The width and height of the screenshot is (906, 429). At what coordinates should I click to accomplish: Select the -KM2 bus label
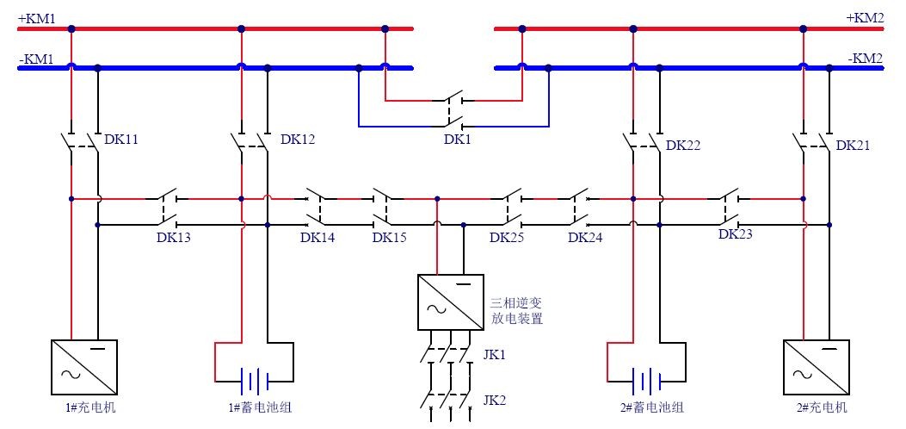pos(867,59)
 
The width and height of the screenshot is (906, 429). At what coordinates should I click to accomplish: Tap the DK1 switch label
pos(458,138)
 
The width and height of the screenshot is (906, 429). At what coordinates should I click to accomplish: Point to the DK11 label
pos(121,139)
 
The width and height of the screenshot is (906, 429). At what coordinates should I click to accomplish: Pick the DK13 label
pos(173,238)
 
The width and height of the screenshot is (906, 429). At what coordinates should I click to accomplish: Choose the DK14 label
pos(317,238)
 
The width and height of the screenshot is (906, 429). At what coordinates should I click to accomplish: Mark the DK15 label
pos(390,238)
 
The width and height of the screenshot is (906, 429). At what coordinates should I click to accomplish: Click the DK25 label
pos(507,238)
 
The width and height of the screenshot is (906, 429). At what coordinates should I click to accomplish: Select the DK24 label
pos(585,238)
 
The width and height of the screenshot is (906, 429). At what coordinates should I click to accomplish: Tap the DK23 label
pos(736,233)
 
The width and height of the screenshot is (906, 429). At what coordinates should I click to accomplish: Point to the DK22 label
pos(683,146)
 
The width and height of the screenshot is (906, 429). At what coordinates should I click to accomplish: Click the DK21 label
pos(853,146)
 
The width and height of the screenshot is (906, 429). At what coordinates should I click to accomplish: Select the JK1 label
pos(495,353)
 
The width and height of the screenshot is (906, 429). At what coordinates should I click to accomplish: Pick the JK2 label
pos(495,400)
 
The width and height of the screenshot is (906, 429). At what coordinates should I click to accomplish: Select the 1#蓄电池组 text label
pos(256,407)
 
